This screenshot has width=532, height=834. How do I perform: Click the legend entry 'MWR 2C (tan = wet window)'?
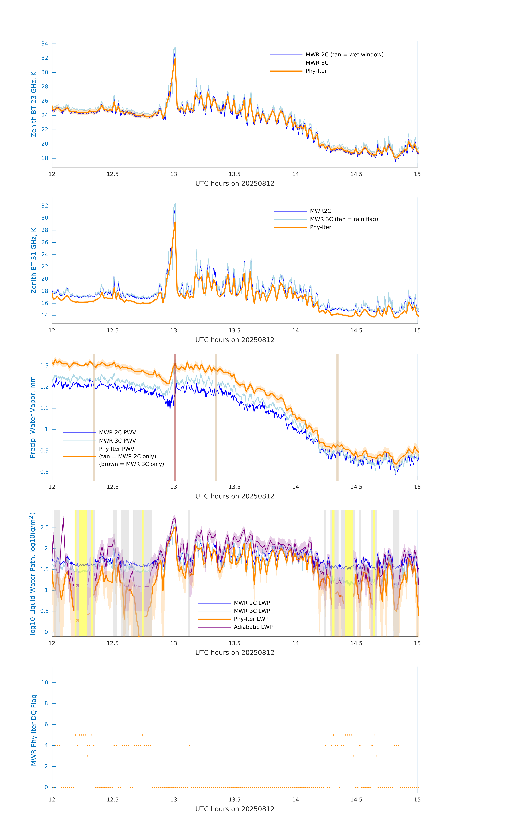(344, 55)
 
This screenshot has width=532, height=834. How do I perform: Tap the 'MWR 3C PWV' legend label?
(117, 440)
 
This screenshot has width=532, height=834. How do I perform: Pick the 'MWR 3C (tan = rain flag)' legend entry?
(344, 219)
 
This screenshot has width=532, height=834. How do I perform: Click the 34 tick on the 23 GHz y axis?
(45, 44)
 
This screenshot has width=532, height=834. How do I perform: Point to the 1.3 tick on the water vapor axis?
(44, 366)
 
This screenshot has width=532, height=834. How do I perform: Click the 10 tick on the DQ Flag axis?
(45, 682)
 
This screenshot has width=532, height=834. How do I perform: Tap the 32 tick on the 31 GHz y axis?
(45, 206)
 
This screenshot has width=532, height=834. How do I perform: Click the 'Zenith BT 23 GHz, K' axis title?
(34, 104)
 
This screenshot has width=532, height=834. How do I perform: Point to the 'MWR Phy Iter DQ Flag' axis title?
(34, 730)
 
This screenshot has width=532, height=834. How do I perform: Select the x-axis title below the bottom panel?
(235, 809)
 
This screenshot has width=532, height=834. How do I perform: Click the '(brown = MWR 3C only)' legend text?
(131, 464)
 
